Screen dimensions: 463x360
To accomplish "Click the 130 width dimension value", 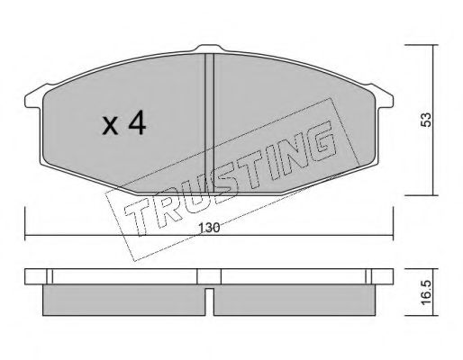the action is point(209,229).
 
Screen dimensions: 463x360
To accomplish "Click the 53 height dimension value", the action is point(426,120).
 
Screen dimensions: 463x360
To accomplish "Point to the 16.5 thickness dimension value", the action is point(426,292).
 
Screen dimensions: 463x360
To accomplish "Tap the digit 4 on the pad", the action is point(137,123).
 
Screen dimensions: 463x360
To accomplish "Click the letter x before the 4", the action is point(110,126).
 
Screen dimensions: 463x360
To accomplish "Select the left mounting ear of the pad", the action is point(33,97).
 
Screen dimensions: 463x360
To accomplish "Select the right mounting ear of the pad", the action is point(382,96).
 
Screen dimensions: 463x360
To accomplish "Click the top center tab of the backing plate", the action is point(210,49).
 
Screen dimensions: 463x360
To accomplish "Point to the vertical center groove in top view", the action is point(209,123).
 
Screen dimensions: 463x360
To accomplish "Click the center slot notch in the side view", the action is point(210,301).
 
